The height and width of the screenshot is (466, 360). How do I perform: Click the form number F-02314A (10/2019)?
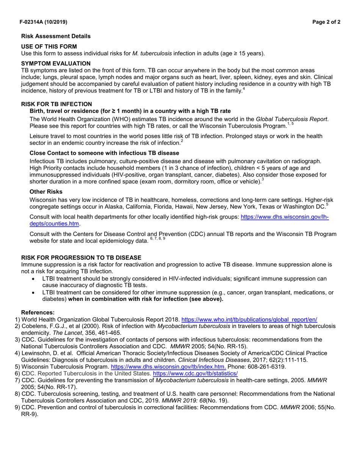(44, 22)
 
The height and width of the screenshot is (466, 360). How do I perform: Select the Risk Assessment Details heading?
(56, 36)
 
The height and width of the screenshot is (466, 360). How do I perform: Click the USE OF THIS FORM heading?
(49, 46)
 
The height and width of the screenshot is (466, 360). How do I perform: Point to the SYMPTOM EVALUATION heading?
(56, 63)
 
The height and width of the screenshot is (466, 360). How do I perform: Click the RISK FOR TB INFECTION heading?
(56, 104)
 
